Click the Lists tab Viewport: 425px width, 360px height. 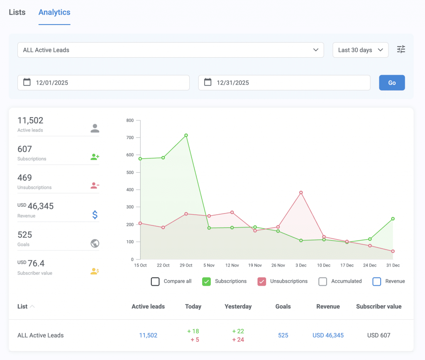(x=17, y=12)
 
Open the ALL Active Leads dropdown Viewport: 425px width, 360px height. (x=170, y=50)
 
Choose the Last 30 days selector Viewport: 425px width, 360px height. (x=360, y=50)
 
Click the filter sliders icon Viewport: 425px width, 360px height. (x=401, y=49)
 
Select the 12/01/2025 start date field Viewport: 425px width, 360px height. (x=103, y=83)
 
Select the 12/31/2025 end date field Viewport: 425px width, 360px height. (x=284, y=83)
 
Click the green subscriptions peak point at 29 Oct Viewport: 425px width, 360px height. (x=186, y=135)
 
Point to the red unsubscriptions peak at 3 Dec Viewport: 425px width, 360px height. (x=301, y=193)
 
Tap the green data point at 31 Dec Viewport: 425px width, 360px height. (x=393, y=219)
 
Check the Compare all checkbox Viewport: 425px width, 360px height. (x=155, y=282)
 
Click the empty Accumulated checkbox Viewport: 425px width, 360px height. (x=322, y=282)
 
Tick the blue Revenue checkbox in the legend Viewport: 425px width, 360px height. (x=376, y=282)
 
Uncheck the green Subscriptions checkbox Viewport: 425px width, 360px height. (x=206, y=282)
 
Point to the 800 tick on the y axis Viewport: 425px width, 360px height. (x=130, y=120)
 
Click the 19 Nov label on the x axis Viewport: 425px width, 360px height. (x=255, y=265)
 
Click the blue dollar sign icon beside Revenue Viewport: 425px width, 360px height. (x=95, y=215)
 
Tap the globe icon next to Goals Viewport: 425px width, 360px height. (x=95, y=243)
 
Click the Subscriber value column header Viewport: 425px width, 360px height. (x=379, y=306)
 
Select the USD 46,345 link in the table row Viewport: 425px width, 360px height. (x=328, y=335)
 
